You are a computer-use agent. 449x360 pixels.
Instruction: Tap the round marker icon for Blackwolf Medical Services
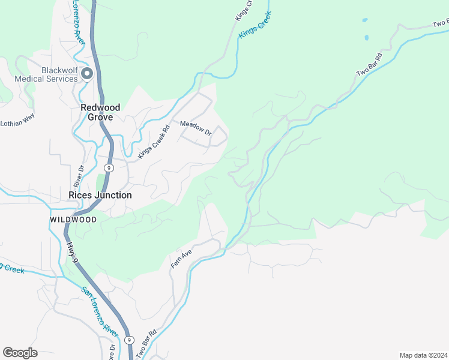pos(87,74)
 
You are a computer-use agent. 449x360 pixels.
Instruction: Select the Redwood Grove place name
pos(100,112)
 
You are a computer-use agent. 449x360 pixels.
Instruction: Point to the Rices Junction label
pos(100,195)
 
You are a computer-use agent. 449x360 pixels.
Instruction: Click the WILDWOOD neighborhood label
pos(73,220)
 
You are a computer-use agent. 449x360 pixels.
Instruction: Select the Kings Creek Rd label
pos(154,142)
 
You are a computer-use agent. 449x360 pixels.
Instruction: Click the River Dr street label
pos(79,176)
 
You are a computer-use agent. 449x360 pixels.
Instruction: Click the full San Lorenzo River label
pos(100,310)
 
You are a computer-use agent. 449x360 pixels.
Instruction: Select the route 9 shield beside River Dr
pos(109,167)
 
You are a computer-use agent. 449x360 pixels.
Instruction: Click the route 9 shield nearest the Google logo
pos(130,340)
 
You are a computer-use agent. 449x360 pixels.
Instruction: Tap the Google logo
pos(20,353)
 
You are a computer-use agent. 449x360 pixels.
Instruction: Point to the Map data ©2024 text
pos(423,355)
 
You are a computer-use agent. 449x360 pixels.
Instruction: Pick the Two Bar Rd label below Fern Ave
pos(146,344)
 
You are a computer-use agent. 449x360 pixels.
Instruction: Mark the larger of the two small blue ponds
pos(366,38)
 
